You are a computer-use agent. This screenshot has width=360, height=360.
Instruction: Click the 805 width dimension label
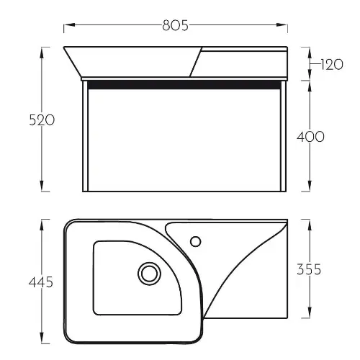175,25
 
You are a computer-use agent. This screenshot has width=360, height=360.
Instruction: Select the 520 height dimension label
42,120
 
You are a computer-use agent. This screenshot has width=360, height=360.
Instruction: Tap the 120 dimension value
332,65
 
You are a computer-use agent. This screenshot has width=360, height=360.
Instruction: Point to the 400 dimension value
310,137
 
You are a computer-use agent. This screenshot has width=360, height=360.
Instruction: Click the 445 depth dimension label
41,282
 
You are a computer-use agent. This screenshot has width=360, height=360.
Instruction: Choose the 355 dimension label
309,269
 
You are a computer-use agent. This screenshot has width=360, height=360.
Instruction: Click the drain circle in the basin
149,274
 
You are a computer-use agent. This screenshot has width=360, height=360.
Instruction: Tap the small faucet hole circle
196,241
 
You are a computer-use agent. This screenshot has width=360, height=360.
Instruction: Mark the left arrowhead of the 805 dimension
70,24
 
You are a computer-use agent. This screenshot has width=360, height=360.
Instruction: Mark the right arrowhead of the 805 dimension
282,24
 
